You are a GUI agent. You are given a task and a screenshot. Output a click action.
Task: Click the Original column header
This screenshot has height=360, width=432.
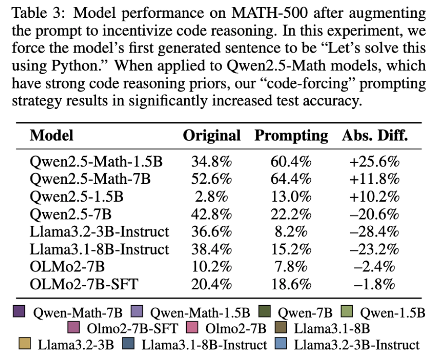212,136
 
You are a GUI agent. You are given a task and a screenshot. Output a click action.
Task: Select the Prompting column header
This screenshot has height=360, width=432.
291,136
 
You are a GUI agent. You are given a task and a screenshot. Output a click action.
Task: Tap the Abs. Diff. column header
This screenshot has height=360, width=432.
375,136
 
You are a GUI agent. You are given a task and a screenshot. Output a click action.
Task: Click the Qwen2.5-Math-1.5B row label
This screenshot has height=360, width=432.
96,162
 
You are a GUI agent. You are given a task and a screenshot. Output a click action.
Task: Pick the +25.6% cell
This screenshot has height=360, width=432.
374,162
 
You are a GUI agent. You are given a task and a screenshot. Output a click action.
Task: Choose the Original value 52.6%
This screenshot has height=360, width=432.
212,179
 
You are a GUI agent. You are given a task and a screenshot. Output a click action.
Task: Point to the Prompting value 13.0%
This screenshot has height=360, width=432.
291,197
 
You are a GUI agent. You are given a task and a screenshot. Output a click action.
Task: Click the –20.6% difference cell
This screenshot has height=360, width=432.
374,215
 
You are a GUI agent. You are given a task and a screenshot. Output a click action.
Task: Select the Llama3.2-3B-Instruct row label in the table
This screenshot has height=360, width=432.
99,232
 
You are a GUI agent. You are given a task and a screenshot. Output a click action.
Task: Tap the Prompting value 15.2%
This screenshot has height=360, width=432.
291,249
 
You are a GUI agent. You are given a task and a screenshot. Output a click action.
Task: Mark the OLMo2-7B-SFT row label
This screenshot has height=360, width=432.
84,284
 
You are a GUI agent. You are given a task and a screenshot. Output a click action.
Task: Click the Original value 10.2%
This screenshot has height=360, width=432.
212,267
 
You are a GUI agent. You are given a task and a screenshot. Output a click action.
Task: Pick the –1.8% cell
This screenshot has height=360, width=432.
374,284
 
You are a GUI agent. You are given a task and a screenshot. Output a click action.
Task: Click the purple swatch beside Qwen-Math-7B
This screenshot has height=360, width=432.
19,311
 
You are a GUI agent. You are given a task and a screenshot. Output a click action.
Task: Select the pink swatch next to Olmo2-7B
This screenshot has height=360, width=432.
192,327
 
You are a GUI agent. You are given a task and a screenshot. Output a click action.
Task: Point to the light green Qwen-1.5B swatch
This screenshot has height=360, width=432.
347,311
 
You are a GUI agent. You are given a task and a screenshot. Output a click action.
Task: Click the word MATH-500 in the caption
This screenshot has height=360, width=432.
269,13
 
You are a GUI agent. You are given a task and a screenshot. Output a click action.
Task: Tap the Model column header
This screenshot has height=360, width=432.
51,136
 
